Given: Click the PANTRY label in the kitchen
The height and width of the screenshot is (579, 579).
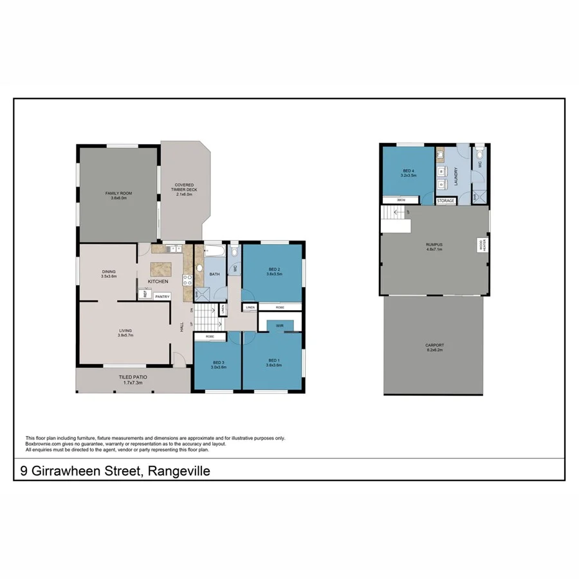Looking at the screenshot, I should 161,296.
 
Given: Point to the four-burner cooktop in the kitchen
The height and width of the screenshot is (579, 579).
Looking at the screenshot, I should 188,279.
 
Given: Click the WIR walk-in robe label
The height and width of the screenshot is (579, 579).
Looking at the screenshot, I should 280,326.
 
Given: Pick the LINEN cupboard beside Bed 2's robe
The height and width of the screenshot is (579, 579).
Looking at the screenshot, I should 250,308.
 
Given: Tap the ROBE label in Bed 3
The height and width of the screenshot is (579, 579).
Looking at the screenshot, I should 210,336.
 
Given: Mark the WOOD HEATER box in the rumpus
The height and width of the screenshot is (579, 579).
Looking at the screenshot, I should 481,244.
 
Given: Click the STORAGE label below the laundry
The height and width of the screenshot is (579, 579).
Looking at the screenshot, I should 446,201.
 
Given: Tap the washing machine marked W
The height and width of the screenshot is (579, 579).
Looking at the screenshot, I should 442,171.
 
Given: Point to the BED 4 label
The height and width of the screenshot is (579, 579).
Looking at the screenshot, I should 409,170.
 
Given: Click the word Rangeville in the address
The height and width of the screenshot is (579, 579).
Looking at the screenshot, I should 179,472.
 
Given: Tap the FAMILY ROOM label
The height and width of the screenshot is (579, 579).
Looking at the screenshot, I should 118,192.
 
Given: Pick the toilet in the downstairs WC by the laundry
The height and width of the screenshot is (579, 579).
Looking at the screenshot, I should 479,154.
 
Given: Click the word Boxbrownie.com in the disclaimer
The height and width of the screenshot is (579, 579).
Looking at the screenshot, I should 42,444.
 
